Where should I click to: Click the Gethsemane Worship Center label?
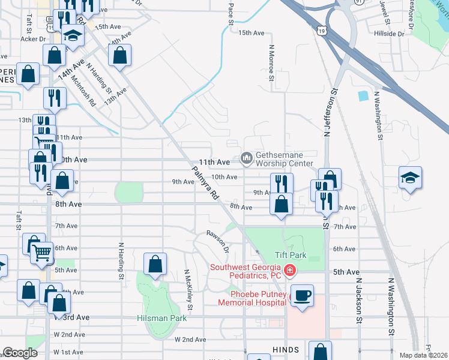point(285,158)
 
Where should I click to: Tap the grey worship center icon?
point(246,158)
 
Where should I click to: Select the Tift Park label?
point(291,255)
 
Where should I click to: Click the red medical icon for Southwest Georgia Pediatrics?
point(289,271)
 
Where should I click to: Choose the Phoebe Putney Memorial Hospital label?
point(258,298)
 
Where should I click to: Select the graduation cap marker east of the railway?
point(410,177)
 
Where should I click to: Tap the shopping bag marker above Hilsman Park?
point(155,263)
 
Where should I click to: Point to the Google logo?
point(20,353)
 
